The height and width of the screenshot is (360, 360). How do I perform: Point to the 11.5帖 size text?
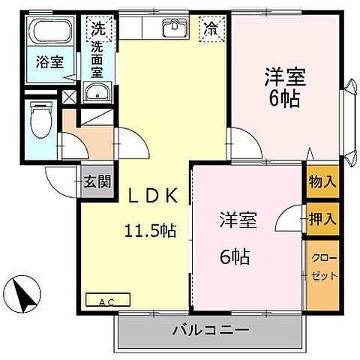point(150,230)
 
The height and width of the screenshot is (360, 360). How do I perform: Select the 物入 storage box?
point(322,182)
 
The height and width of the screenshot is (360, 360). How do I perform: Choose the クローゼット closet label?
point(322,266)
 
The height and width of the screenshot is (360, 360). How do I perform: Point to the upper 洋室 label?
point(283,77)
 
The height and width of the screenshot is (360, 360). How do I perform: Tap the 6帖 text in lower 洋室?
point(234,256)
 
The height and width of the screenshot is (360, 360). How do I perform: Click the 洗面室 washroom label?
point(98,61)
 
